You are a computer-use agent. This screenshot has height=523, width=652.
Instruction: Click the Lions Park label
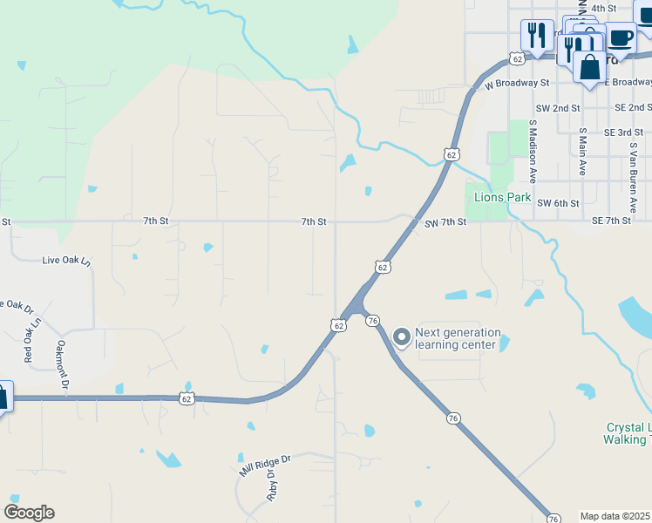click(502, 197)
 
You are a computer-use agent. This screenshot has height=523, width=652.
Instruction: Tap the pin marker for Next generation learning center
click(401, 336)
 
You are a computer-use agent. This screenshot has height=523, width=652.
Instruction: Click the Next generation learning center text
click(458, 338)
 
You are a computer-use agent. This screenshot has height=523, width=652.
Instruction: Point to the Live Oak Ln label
click(66, 261)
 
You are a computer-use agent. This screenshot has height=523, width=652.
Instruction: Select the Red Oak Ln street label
click(31, 341)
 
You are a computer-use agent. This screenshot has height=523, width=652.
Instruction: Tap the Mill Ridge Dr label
click(265, 464)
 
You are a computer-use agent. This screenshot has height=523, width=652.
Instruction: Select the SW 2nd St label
click(559, 108)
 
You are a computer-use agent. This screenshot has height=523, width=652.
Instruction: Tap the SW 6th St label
click(559, 203)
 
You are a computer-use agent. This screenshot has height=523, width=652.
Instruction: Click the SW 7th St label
click(445, 222)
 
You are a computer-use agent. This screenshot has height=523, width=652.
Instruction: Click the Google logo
click(29, 513)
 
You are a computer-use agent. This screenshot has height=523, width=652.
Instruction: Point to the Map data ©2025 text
click(615, 516)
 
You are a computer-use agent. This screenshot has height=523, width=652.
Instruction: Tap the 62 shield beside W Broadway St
click(517, 58)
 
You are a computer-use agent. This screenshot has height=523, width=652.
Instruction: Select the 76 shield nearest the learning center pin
click(372, 322)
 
